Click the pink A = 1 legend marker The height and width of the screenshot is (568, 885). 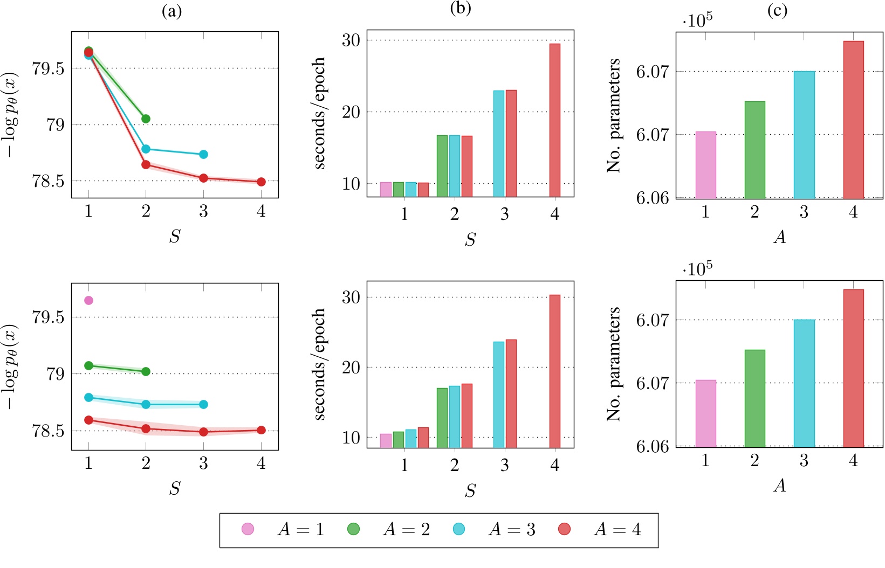(x=248, y=529)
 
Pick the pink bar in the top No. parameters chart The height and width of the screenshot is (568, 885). (x=705, y=165)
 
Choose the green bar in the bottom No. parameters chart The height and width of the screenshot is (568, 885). (x=754, y=398)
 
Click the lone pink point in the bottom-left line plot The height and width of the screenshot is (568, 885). (x=88, y=300)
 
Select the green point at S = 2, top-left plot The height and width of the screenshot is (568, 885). (x=146, y=119)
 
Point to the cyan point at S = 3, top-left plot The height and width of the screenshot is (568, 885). (x=203, y=155)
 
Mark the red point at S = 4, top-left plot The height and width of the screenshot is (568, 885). (x=261, y=182)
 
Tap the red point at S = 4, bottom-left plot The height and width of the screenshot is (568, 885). (x=261, y=430)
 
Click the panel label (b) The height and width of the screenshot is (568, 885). (x=460, y=9)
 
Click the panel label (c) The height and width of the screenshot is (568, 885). (x=777, y=10)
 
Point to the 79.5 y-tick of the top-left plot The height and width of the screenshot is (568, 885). (x=48, y=68)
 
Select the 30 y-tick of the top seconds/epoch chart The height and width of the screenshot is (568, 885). (x=351, y=40)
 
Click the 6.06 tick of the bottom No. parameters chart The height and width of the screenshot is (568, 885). (x=652, y=447)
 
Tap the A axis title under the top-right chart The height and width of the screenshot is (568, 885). (x=780, y=237)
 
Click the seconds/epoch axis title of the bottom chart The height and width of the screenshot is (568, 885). (x=320, y=364)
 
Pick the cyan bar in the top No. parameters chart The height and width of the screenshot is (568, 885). (x=804, y=135)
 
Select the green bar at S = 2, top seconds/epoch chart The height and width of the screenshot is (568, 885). (x=442, y=166)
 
